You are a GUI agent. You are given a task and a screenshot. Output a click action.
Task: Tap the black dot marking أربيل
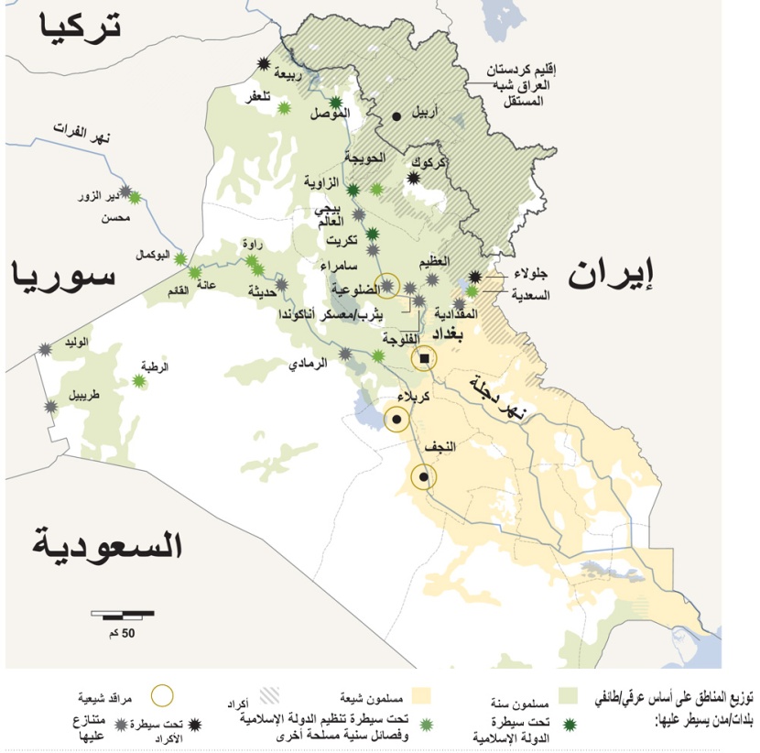pyautogui.click(x=396, y=116)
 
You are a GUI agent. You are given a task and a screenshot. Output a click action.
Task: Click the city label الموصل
pyautogui.click(x=331, y=114)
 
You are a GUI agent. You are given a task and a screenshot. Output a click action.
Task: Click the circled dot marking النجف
pyautogui.click(x=422, y=476)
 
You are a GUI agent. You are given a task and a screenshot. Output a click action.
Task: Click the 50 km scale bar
pyautogui.click(x=123, y=614)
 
